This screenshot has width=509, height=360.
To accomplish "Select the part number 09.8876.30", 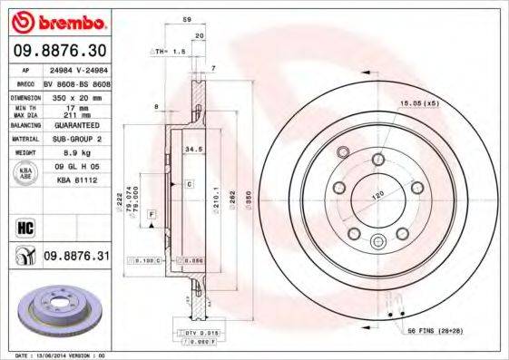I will point(60,49).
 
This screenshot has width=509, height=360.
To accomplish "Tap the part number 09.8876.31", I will point(76,257).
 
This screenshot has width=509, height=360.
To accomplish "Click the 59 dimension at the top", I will point(187,20).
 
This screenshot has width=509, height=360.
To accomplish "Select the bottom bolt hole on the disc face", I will point(378,240).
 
